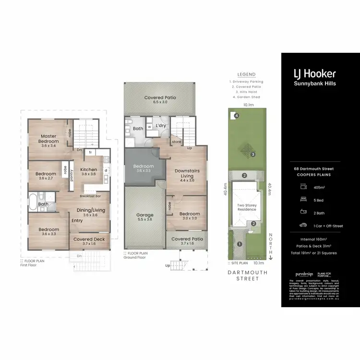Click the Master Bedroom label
(x=48, y=139)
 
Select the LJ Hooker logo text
(x=314, y=73)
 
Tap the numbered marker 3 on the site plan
(x=252, y=154)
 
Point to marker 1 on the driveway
(x=240, y=244)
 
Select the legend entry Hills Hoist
(x=247, y=92)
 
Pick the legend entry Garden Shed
(x=247, y=97)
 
